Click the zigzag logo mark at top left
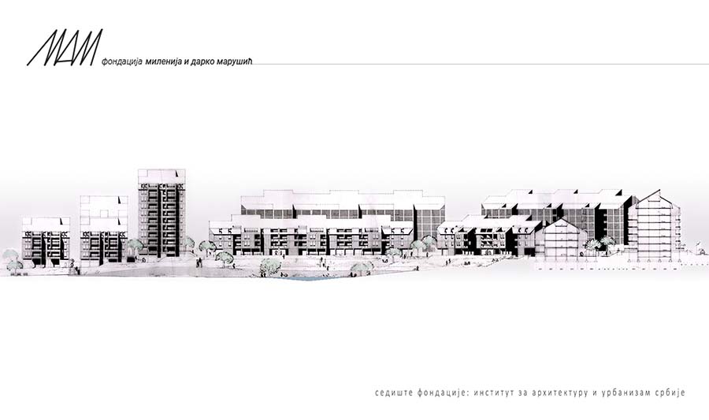[x=65, y=47]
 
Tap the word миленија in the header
[x=162, y=61]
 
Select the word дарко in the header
[x=201, y=61]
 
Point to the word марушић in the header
[x=233, y=61]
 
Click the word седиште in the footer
[x=394, y=392]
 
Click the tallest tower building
[x=161, y=213]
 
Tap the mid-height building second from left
[x=103, y=229]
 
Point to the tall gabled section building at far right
[x=653, y=225]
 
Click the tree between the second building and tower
[x=133, y=247]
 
